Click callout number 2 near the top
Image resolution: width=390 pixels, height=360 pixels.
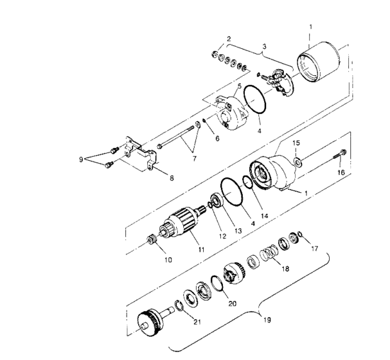229,39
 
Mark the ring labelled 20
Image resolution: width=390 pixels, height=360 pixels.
217,281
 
